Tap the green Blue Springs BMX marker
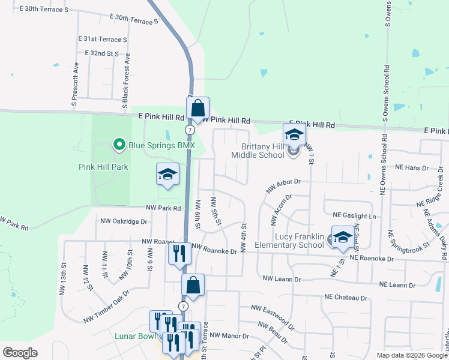pyautogui.click(x=119, y=145)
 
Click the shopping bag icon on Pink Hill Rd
pyautogui.click(x=197, y=109)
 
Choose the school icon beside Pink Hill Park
pyautogui.click(x=167, y=175)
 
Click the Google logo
pyautogui.click(x=20, y=352)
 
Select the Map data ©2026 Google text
pyautogui.click(x=411, y=355)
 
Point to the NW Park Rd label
pyautogui.click(x=163, y=208)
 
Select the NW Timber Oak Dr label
pyautogui.click(x=106, y=306)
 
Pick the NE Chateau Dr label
pyautogui.click(x=345, y=297)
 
